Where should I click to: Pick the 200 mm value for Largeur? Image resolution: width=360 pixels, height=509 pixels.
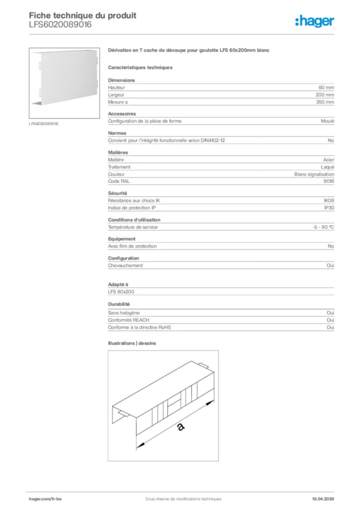tap(325, 94)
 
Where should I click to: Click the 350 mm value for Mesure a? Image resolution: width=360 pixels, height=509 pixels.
tap(325, 102)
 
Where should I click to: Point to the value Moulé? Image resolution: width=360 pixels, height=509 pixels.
tap(328, 121)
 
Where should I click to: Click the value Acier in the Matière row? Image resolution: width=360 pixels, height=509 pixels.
tap(328, 160)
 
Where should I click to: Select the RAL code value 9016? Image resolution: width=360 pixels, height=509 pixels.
tap(329, 181)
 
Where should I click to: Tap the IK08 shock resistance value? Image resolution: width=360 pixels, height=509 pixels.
tap(329, 201)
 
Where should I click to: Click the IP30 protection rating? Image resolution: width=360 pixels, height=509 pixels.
tap(329, 208)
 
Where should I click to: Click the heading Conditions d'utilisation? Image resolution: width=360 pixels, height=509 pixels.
tap(134, 220)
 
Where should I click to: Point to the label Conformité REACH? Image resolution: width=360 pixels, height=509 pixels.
tap(128, 320)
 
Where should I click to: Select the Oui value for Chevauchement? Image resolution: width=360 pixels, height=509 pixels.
tap(330, 265)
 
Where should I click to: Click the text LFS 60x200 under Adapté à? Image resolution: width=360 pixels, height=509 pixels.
tap(121, 292)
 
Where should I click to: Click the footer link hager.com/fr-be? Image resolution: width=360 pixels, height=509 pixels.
tap(45, 499)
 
